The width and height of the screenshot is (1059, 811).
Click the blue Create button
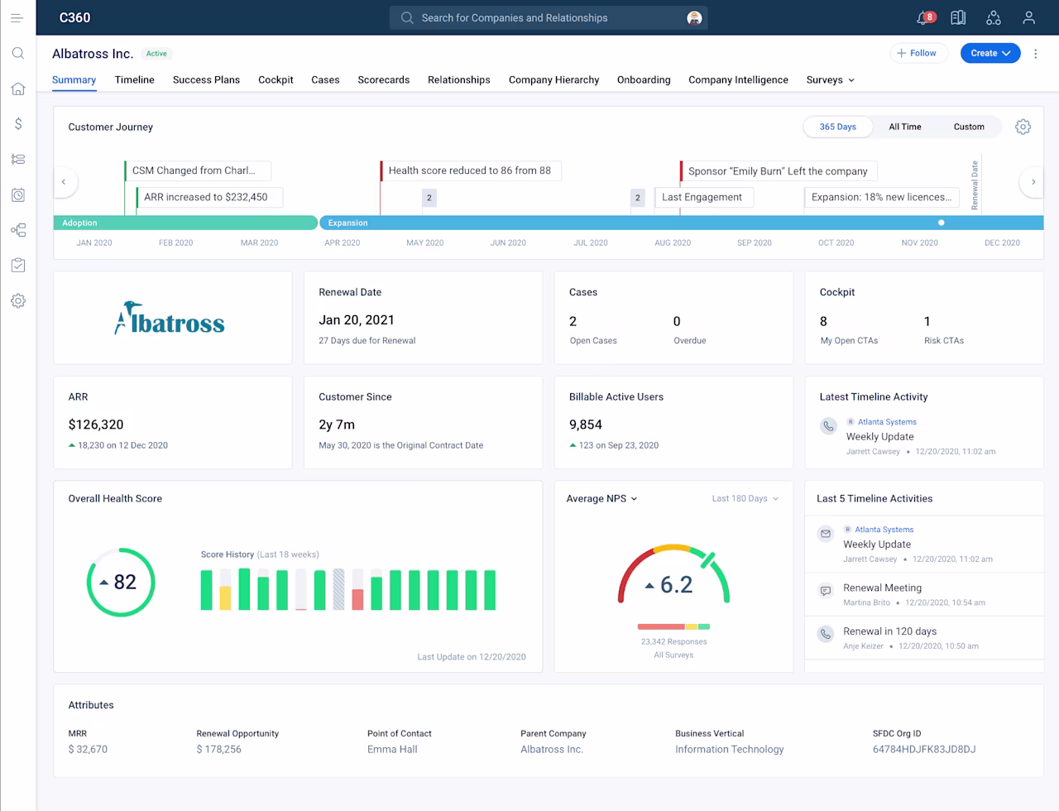(990, 53)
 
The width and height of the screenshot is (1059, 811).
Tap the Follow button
(918, 53)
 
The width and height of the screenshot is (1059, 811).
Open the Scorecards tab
(384, 80)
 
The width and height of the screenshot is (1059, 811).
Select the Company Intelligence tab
(738, 80)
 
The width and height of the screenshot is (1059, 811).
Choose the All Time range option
(904, 127)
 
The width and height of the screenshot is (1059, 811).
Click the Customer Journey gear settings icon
(1023, 127)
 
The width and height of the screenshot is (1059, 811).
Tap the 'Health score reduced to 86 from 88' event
(470, 170)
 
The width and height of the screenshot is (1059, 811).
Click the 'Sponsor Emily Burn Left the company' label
(778, 171)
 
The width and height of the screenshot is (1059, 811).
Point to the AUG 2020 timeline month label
(673, 242)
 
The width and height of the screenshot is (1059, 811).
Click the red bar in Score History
(357, 599)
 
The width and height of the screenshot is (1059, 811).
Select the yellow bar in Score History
(225, 598)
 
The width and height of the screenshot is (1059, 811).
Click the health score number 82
(125, 582)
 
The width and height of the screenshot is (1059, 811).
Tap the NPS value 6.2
(676, 584)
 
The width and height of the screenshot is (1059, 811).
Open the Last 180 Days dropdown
(745, 498)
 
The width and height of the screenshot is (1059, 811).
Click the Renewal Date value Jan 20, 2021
(357, 320)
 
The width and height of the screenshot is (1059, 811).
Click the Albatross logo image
(170, 319)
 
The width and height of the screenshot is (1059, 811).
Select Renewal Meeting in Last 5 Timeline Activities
(882, 588)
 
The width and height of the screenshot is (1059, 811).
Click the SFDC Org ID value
(924, 749)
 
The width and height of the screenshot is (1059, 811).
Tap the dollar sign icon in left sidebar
(18, 124)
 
